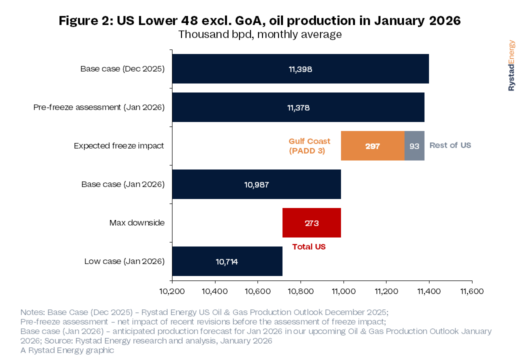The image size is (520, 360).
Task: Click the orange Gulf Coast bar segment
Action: (x=372, y=146)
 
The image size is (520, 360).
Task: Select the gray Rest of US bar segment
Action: (x=414, y=146)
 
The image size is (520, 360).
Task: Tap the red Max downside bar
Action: (x=311, y=223)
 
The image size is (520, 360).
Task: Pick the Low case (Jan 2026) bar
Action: (x=227, y=261)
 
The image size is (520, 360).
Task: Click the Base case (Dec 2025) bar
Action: (x=300, y=69)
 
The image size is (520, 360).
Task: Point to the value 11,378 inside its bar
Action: (x=298, y=107)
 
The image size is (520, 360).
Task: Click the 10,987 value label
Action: (x=256, y=184)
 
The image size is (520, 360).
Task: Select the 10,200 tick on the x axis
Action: (x=172, y=291)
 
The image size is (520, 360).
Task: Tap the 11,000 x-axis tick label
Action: (x=343, y=291)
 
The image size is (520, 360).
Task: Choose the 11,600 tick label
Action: (x=472, y=291)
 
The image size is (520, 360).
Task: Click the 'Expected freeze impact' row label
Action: (x=119, y=146)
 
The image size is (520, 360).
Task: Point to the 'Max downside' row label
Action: (x=137, y=223)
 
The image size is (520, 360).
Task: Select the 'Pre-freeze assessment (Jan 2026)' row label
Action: (x=99, y=107)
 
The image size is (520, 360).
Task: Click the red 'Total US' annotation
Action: (x=309, y=246)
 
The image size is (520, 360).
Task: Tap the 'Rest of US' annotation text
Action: (x=450, y=145)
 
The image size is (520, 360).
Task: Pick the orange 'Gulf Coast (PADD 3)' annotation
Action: (x=309, y=146)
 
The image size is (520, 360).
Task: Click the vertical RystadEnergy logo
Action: (x=511, y=65)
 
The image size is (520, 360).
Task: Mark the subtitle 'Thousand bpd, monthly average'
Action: (x=260, y=34)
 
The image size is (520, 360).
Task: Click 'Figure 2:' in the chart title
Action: (x=86, y=20)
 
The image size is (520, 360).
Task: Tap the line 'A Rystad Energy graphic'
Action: (x=67, y=350)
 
